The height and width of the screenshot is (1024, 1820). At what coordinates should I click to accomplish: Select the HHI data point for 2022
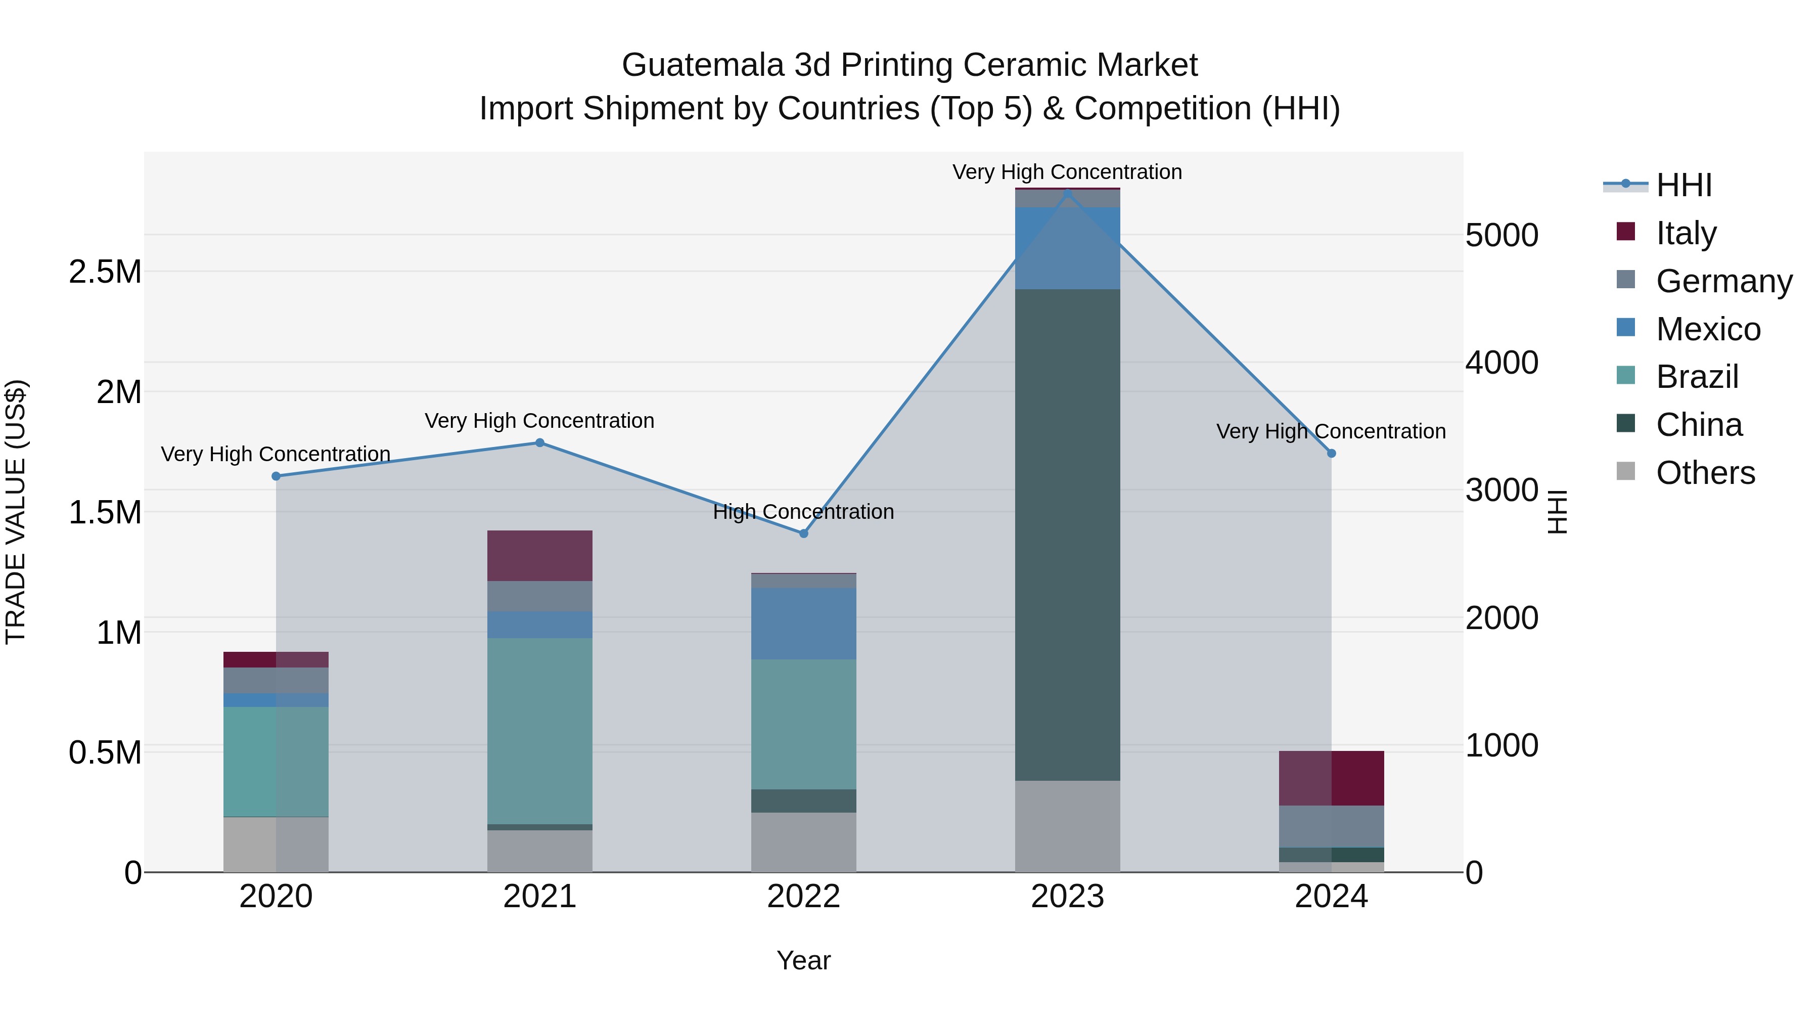[x=803, y=533]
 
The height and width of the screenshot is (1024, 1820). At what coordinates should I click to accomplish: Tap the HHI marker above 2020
[x=276, y=476]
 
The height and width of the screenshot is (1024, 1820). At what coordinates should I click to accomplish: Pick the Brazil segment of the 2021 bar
[x=540, y=731]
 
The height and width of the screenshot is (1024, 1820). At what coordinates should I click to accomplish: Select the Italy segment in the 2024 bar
[x=1331, y=778]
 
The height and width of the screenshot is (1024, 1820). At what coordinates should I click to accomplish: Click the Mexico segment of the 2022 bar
[x=803, y=624]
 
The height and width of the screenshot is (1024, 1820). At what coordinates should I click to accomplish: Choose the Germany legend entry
[x=1724, y=281]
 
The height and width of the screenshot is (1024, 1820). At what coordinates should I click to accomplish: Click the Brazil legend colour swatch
[x=1626, y=375]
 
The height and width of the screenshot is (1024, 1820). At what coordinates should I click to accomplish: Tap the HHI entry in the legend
[x=1683, y=185]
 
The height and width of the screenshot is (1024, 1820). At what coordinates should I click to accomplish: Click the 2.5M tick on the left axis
[x=105, y=272]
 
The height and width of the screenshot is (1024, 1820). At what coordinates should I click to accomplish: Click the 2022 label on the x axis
[x=803, y=897]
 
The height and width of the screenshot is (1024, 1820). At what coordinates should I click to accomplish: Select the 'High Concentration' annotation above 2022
[x=803, y=512]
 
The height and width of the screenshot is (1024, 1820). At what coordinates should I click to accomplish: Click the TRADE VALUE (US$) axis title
[x=16, y=512]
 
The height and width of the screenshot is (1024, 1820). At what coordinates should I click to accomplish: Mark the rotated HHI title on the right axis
[x=1557, y=512]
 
